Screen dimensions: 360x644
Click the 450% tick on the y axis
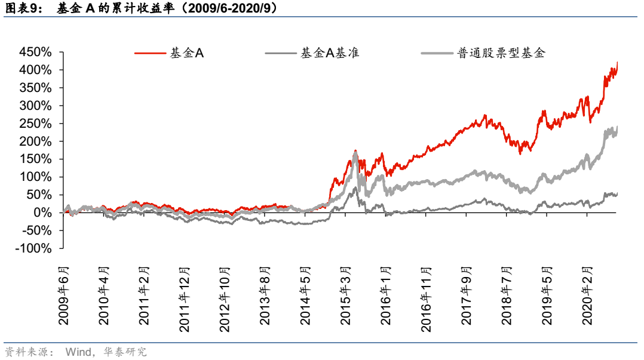pos(35,52)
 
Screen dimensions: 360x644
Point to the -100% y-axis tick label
pos(33,248)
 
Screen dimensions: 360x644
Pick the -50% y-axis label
pos(36,230)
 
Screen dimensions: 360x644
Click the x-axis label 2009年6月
pos(65,296)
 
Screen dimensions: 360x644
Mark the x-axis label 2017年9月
pos(467,296)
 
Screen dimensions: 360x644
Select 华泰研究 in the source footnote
pos(128,352)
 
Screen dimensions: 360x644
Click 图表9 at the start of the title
pos(20,9)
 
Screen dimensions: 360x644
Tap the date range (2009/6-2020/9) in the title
pos(225,9)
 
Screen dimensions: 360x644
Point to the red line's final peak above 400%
pos(617,62)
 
